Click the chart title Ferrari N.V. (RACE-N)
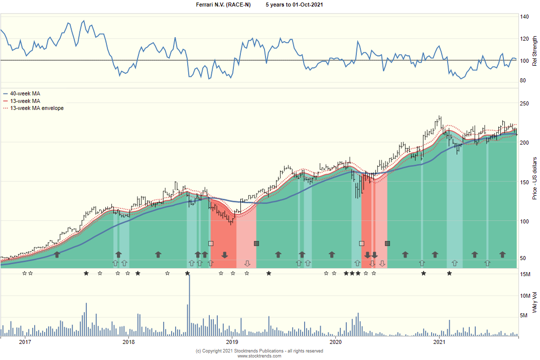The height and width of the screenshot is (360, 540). click(223, 5)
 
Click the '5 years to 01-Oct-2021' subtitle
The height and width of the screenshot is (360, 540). click(294, 5)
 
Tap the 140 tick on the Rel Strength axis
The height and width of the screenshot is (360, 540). click(524, 17)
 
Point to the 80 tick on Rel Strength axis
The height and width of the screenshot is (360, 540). click(523, 80)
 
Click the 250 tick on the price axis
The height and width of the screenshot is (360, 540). click(525, 104)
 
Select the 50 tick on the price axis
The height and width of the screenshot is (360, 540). click(523, 258)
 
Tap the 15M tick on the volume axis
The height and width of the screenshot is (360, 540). click(525, 274)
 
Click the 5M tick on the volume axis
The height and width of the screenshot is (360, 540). click(524, 316)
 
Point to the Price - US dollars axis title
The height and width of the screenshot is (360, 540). click(534, 178)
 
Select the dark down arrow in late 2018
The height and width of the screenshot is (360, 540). click(225, 255)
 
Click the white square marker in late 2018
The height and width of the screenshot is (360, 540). click(211, 244)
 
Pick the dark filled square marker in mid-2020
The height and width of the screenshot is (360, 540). click(387, 244)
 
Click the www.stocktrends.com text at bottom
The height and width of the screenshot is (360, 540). click(259, 356)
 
